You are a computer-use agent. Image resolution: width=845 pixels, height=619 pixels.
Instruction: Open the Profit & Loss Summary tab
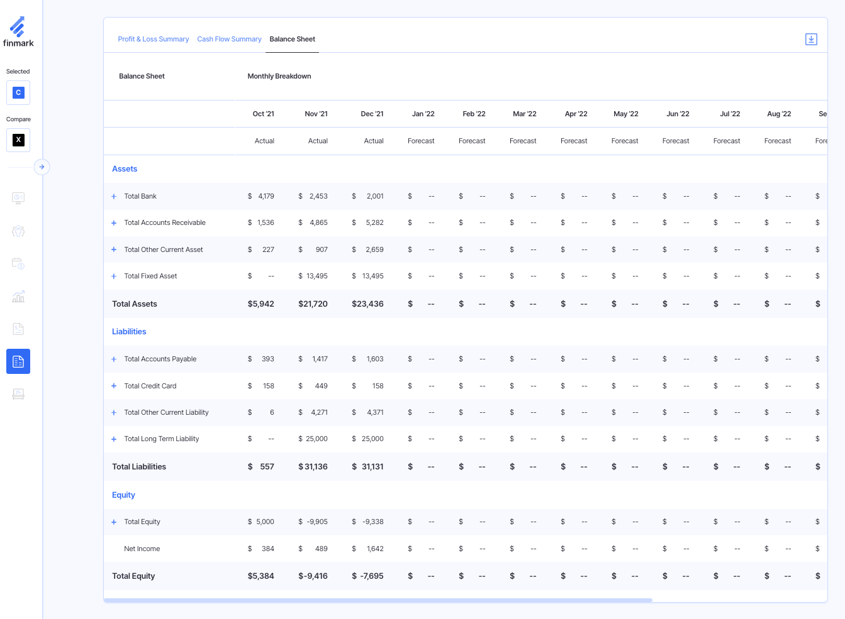click(x=153, y=39)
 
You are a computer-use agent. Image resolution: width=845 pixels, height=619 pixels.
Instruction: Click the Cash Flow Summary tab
click(x=229, y=39)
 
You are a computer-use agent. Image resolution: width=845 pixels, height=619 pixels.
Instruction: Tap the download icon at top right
click(x=811, y=40)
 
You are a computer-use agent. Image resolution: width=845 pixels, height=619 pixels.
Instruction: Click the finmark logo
click(x=18, y=32)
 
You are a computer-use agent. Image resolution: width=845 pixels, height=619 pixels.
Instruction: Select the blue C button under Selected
click(x=18, y=93)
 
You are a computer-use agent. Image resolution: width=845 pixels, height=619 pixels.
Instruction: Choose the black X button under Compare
click(x=18, y=140)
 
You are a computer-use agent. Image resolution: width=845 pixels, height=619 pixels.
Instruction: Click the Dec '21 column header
click(x=372, y=114)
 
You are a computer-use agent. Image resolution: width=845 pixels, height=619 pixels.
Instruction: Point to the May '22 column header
click(x=625, y=114)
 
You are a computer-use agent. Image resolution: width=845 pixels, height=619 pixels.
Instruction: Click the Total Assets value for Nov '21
click(x=313, y=304)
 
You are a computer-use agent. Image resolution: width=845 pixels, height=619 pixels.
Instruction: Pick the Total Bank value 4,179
click(x=266, y=196)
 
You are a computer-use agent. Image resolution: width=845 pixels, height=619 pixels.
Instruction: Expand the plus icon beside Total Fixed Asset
click(x=114, y=277)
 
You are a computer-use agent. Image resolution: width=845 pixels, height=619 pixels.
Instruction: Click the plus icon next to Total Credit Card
click(x=114, y=386)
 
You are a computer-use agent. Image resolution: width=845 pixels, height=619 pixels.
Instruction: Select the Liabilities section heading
click(x=129, y=332)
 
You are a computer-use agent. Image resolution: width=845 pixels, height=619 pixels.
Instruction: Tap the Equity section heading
click(x=123, y=495)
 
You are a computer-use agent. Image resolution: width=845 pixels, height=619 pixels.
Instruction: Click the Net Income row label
click(x=142, y=549)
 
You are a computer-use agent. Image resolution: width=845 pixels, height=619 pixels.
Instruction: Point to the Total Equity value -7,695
click(x=371, y=576)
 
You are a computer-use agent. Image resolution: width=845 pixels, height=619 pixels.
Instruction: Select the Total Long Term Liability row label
click(x=162, y=439)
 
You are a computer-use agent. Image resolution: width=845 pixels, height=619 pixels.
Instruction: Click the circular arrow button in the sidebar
click(x=42, y=167)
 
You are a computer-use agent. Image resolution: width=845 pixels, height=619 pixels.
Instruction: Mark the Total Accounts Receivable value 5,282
click(x=374, y=222)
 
